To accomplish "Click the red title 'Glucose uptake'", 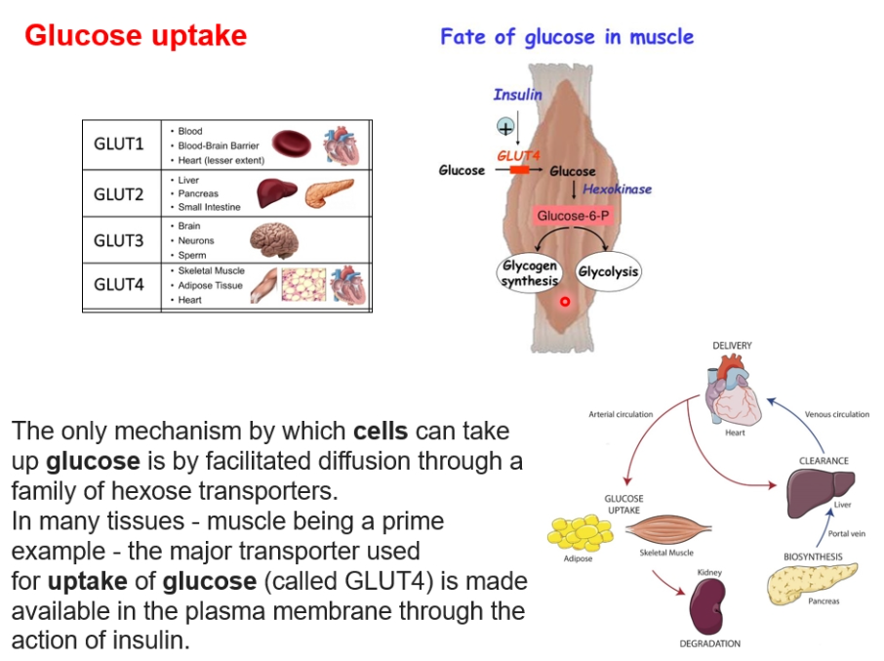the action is click(x=136, y=35).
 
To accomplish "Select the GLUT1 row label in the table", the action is click(x=119, y=145).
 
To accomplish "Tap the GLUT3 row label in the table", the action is click(x=119, y=241).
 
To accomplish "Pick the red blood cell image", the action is click(x=292, y=144).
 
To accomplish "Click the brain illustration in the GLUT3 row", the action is click(x=274, y=240).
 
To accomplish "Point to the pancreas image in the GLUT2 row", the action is click(x=329, y=192).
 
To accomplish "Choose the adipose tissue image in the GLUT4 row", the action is click(x=303, y=285).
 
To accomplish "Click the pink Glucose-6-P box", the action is click(x=573, y=216).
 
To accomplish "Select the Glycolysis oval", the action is click(x=608, y=271).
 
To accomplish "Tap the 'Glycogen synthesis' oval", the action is click(x=529, y=273).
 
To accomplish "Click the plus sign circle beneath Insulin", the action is click(x=505, y=127).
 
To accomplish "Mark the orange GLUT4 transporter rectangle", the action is click(x=519, y=170).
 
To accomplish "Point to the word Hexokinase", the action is click(x=617, y=189).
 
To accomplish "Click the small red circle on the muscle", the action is click(x=565, y=302).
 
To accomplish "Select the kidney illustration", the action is click(x=708, y=607).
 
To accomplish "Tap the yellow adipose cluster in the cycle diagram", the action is click(x=581, y=532).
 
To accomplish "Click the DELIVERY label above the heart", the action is click(x=733, y=346).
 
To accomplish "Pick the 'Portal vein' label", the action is click(x=846, y=533).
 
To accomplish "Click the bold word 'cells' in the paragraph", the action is click(x=381, y=432).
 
